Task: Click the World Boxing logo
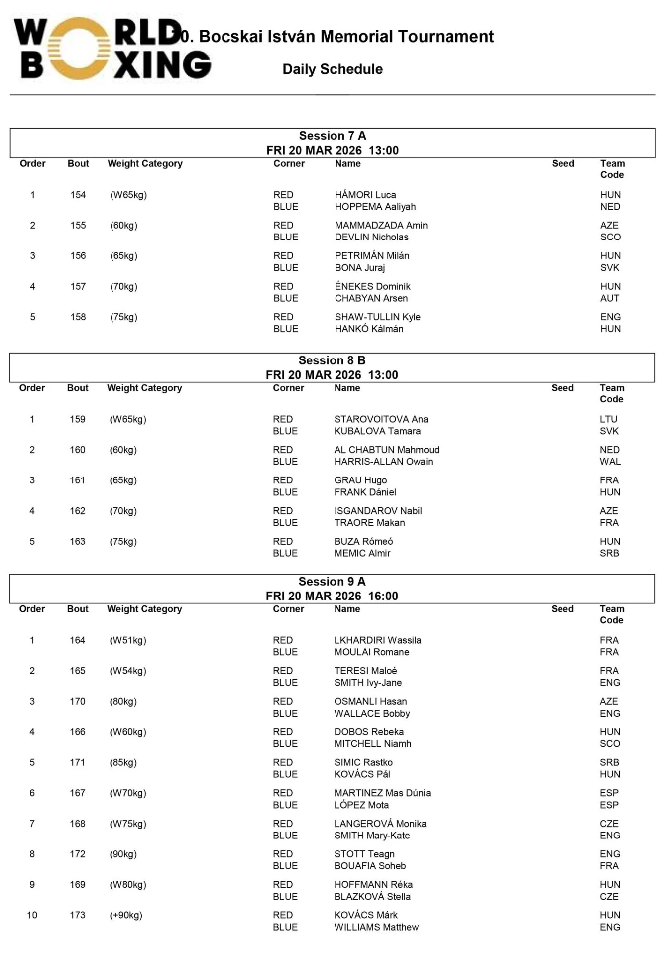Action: point(112,49)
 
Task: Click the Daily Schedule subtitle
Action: point(333,69)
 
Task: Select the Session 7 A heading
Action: point(333,136)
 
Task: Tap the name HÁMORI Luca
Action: point(365,195)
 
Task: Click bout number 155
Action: point(78,225)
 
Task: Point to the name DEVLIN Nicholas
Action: point(371,237)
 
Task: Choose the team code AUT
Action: point(610,298)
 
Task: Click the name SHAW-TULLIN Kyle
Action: point(377,317)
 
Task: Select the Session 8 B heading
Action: point(332,360)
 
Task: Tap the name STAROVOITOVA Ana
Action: point(381,419)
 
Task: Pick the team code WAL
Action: point(610,462)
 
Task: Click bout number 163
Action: point(78,541)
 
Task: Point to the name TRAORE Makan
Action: point(369,523)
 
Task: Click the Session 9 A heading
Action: point(332,582)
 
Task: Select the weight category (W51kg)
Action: point(128,640)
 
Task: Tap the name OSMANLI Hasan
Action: point(370,701)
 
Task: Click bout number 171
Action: point(78,762)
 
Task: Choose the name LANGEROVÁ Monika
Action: point(380,824)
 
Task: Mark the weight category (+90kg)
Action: point(126,915)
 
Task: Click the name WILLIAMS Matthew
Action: point(376,927)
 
